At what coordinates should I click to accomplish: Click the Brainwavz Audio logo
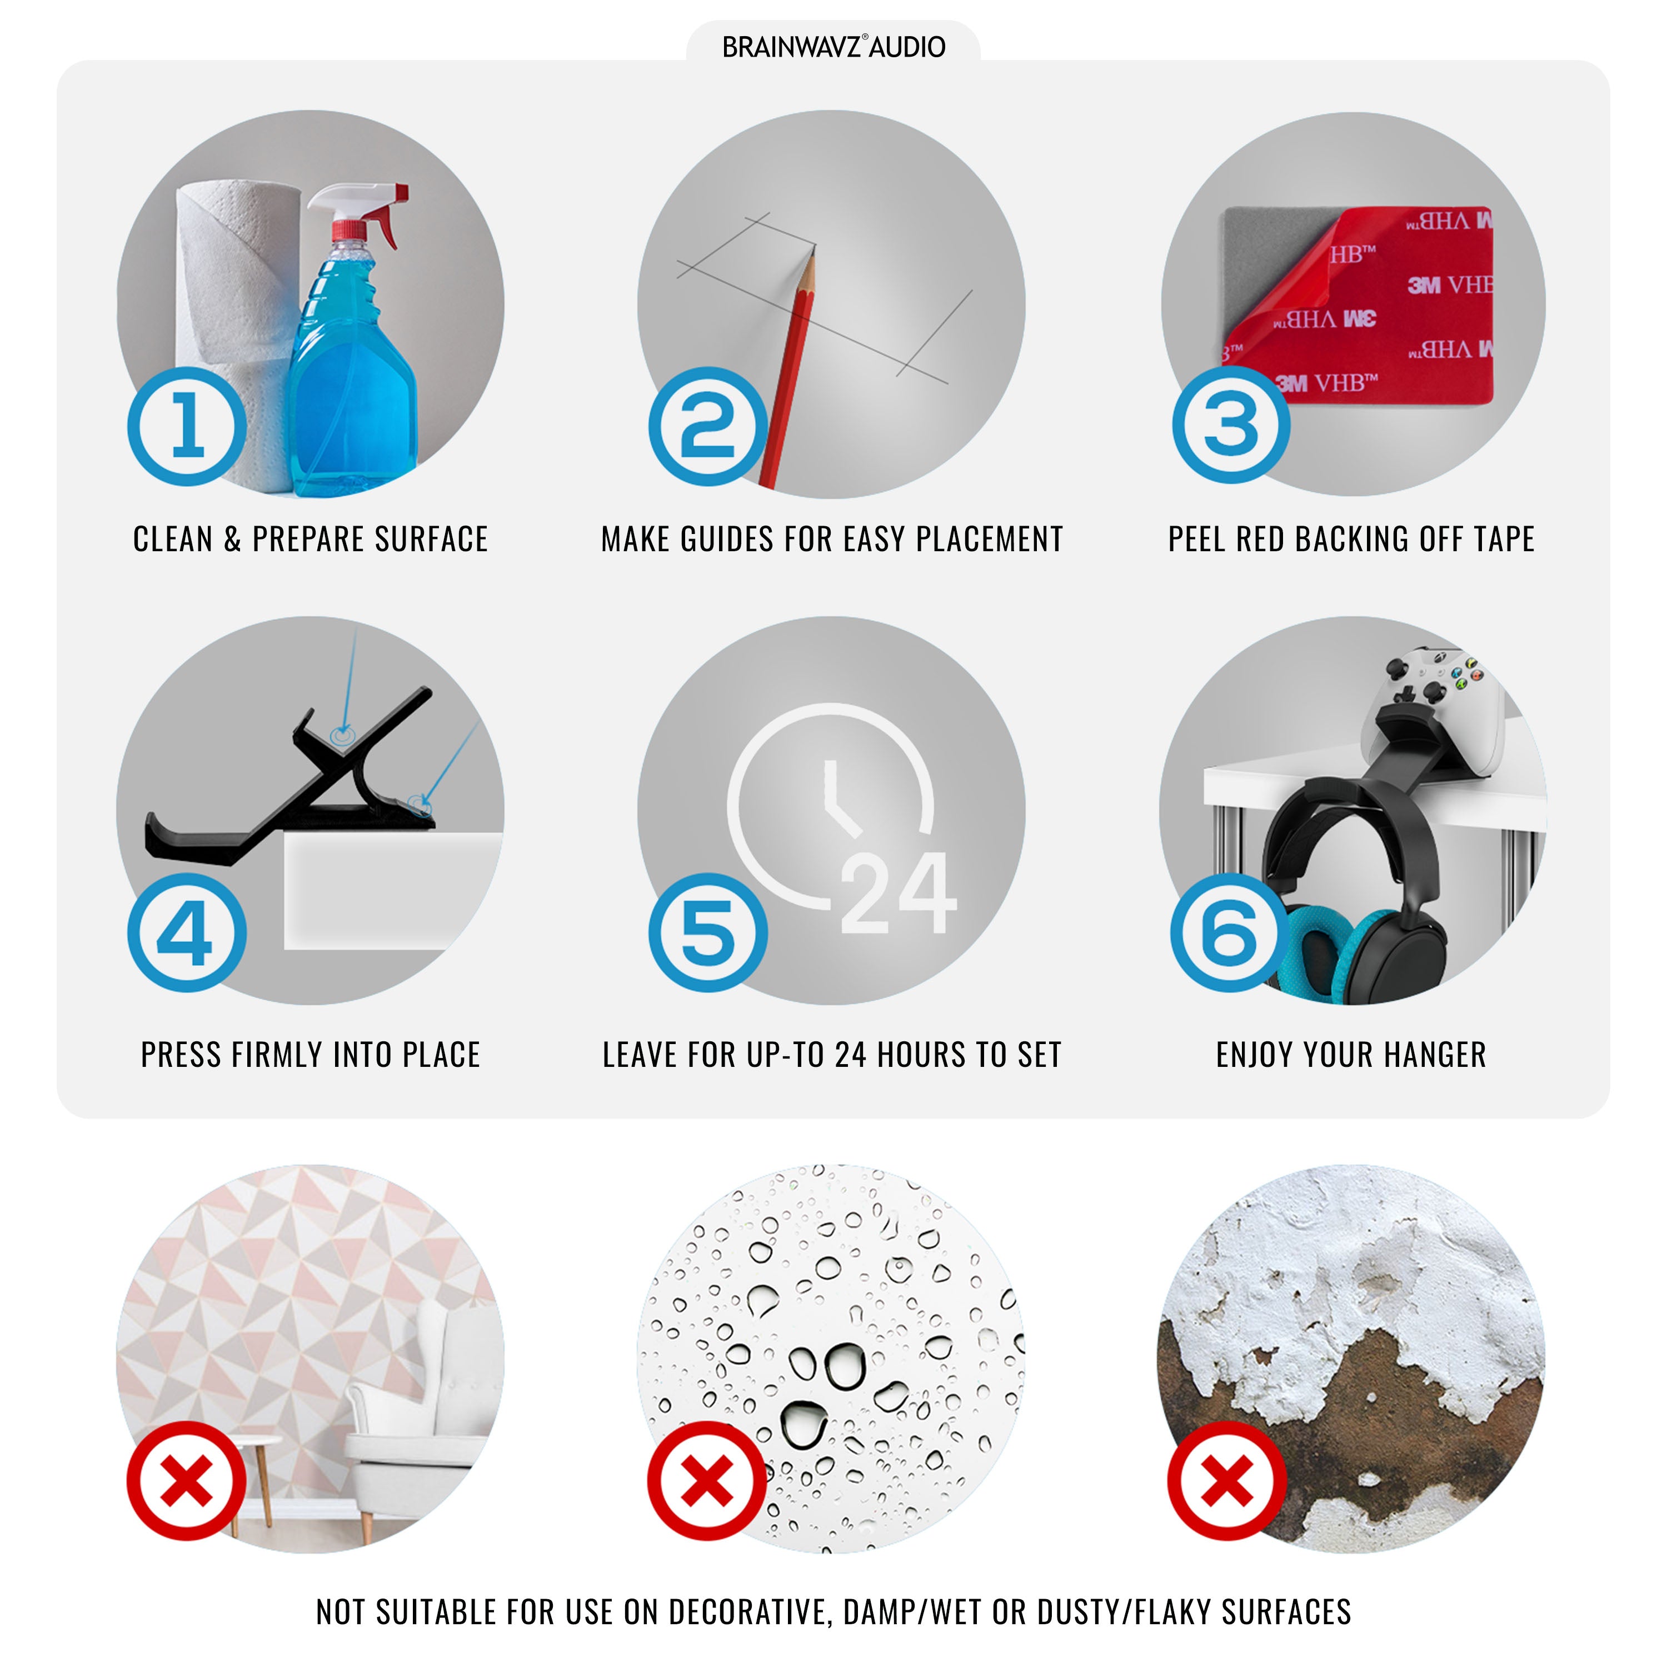(833, 47)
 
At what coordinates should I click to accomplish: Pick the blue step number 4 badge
(187, 934)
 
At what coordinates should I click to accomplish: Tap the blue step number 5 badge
(708, 934)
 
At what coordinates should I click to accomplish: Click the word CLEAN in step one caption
(173, 539)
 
